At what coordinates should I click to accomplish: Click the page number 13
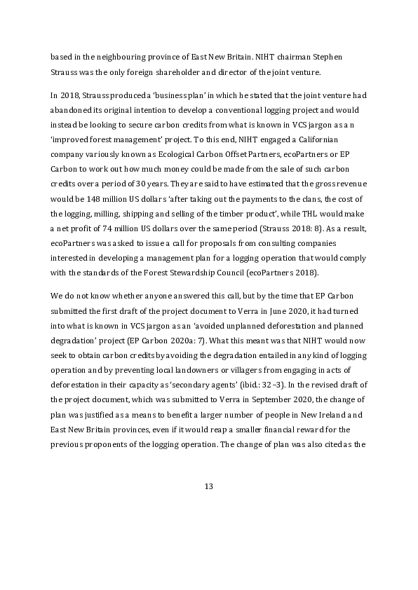tap(208, 487)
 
